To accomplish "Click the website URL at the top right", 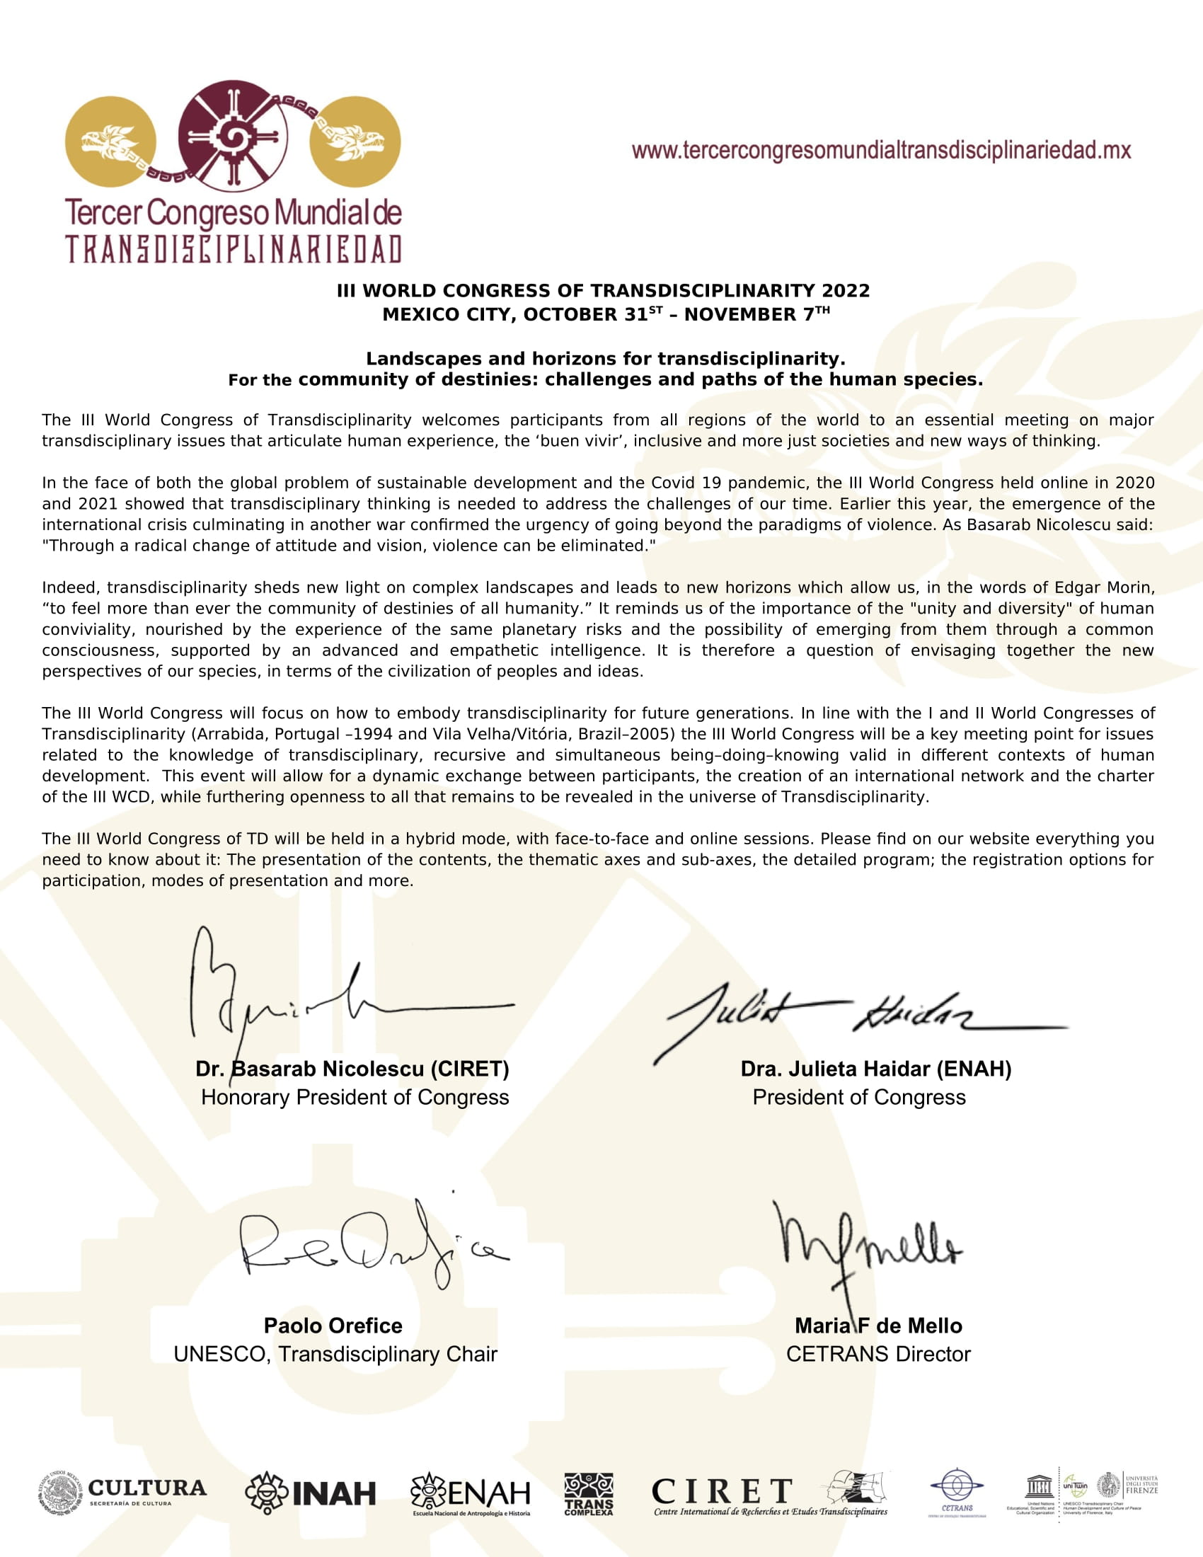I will (881, 151).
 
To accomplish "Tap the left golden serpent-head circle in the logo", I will (110, 141).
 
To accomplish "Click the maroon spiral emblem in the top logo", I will (232, 135).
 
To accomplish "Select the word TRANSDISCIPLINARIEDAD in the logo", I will (234, 250).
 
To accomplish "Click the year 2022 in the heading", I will (845, 291).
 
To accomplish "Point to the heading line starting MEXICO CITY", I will (606, 314).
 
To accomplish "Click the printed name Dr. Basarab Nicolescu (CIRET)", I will (352, 1069).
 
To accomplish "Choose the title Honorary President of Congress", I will (355, 1097).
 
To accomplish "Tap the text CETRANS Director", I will (878, 1354).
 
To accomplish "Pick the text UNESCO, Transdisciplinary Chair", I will (335, 1354).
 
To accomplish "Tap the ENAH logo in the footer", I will (471, 1493).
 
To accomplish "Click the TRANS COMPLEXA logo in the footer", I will (589, 1493).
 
